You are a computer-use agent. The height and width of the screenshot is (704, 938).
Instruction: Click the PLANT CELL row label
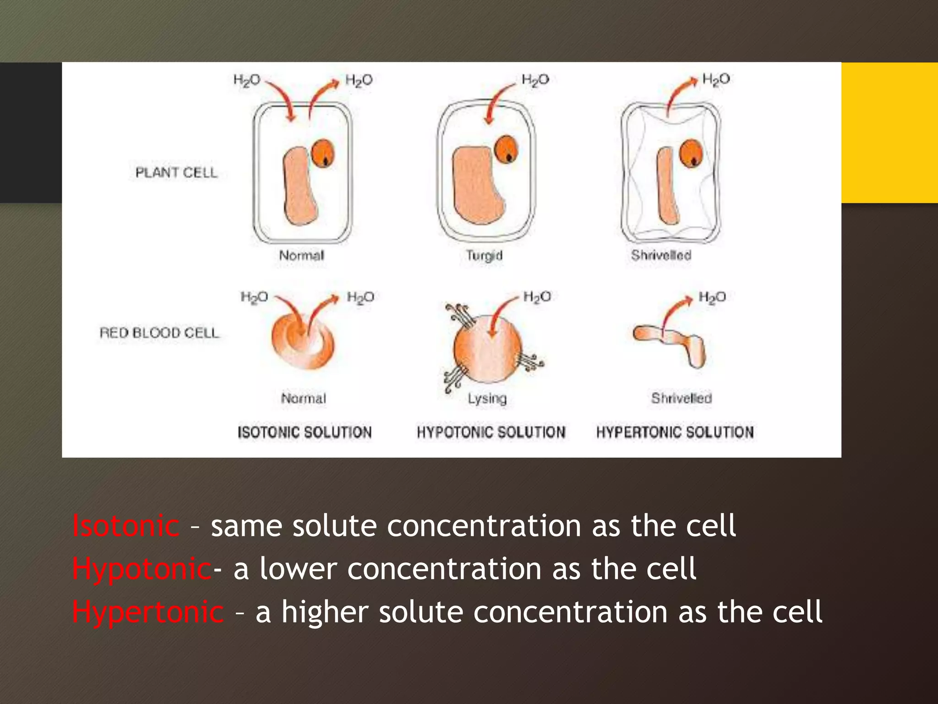176,173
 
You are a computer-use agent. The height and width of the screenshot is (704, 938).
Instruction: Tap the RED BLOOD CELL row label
159,333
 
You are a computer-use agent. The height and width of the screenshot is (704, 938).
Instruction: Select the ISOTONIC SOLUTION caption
305,432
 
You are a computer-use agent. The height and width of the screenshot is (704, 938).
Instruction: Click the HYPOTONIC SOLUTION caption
491,432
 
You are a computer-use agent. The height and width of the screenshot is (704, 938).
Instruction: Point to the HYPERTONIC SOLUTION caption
675,432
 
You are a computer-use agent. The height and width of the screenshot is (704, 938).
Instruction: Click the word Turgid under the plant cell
484,255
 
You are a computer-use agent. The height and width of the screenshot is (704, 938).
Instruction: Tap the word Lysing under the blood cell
487,398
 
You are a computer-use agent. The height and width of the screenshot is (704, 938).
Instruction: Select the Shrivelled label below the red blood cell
682,398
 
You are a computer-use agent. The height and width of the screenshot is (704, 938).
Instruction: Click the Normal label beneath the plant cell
302,255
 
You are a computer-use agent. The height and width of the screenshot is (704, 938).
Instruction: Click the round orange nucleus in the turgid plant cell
506,149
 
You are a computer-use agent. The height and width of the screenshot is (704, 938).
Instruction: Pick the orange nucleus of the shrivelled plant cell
691,153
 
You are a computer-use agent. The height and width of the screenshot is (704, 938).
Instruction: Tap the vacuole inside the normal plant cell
300,186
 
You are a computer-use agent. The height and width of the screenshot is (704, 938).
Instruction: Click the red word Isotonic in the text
126,526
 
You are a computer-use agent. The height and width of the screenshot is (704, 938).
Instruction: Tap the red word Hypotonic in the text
142,569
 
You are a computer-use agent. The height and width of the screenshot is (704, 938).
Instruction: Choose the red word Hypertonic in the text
148,612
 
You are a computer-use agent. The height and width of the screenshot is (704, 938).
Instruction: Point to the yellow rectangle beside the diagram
889,132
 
